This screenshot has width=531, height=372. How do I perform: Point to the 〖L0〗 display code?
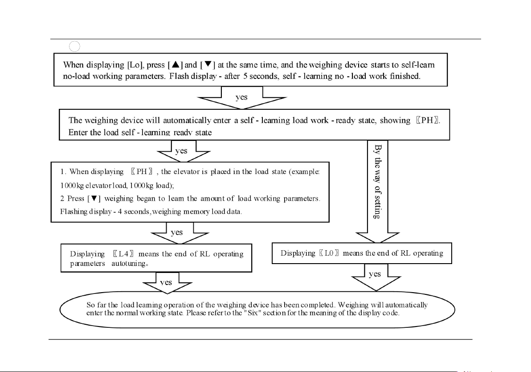click(x=330, y=253)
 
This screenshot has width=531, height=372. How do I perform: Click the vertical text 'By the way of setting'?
click(x=377, y=181)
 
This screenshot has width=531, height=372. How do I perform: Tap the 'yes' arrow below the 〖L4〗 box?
click(x=166, y=283)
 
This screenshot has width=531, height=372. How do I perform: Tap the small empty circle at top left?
click(x=75, y=45)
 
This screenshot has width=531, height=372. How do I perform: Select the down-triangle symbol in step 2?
click(x=94, y=199)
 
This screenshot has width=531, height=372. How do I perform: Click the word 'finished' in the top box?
click(x=404, y=76)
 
